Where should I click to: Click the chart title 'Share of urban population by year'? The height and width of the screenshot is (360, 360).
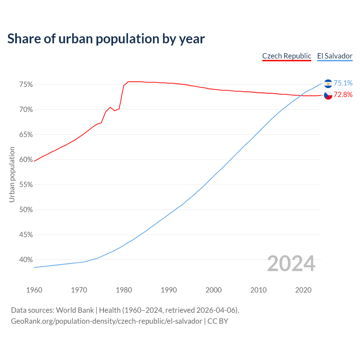106,39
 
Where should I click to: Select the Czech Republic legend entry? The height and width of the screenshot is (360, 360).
287,56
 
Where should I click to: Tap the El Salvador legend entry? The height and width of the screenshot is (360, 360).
335,56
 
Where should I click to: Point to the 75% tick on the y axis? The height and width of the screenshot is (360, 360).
26,85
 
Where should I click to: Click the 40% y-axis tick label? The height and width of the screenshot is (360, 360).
26,260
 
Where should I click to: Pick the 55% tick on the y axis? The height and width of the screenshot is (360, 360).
26,185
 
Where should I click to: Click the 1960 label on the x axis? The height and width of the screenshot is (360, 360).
34,290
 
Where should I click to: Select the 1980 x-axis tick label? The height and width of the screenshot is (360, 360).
124,290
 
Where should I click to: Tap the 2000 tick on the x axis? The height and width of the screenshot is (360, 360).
213,290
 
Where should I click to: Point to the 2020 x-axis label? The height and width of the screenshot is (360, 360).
303,290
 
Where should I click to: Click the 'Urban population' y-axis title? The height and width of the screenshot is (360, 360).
12,174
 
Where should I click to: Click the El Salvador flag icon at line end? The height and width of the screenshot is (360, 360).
328,84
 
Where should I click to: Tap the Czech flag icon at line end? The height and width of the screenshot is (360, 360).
328,95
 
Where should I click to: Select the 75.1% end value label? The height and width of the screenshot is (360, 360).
343,83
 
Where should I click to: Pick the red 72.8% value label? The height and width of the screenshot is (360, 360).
343,95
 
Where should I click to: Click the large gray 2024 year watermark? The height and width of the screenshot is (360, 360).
291,264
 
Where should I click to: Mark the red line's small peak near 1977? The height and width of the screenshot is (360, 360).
110,107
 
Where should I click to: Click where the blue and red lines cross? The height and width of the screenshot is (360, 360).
300,96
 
